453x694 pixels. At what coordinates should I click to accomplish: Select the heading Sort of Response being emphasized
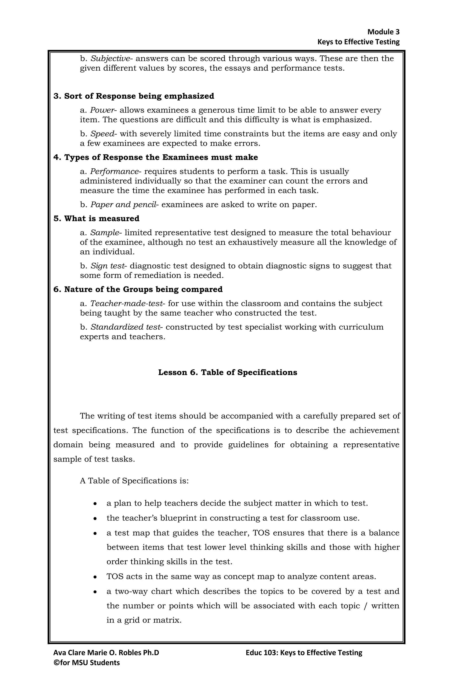pyautogui.click(x=134, y=96)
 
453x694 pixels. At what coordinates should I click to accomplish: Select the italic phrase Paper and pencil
pyautogui.click(x=123, y=205)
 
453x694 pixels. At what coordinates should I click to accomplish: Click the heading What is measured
pyautogui.click(x=96, y=219)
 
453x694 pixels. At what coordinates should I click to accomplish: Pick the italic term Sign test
pyautogui.click(x=107, y=266)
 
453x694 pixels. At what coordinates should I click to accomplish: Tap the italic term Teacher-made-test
pyautogui.click(x=126, y=304)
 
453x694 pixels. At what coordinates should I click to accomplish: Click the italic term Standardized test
pyautogui.click(x=125, y=327)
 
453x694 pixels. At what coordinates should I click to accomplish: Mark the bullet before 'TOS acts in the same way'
pyautogui.click(x=95, y=577)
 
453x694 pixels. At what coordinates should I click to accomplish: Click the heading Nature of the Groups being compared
pyautogui.click(x=138, y=290)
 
